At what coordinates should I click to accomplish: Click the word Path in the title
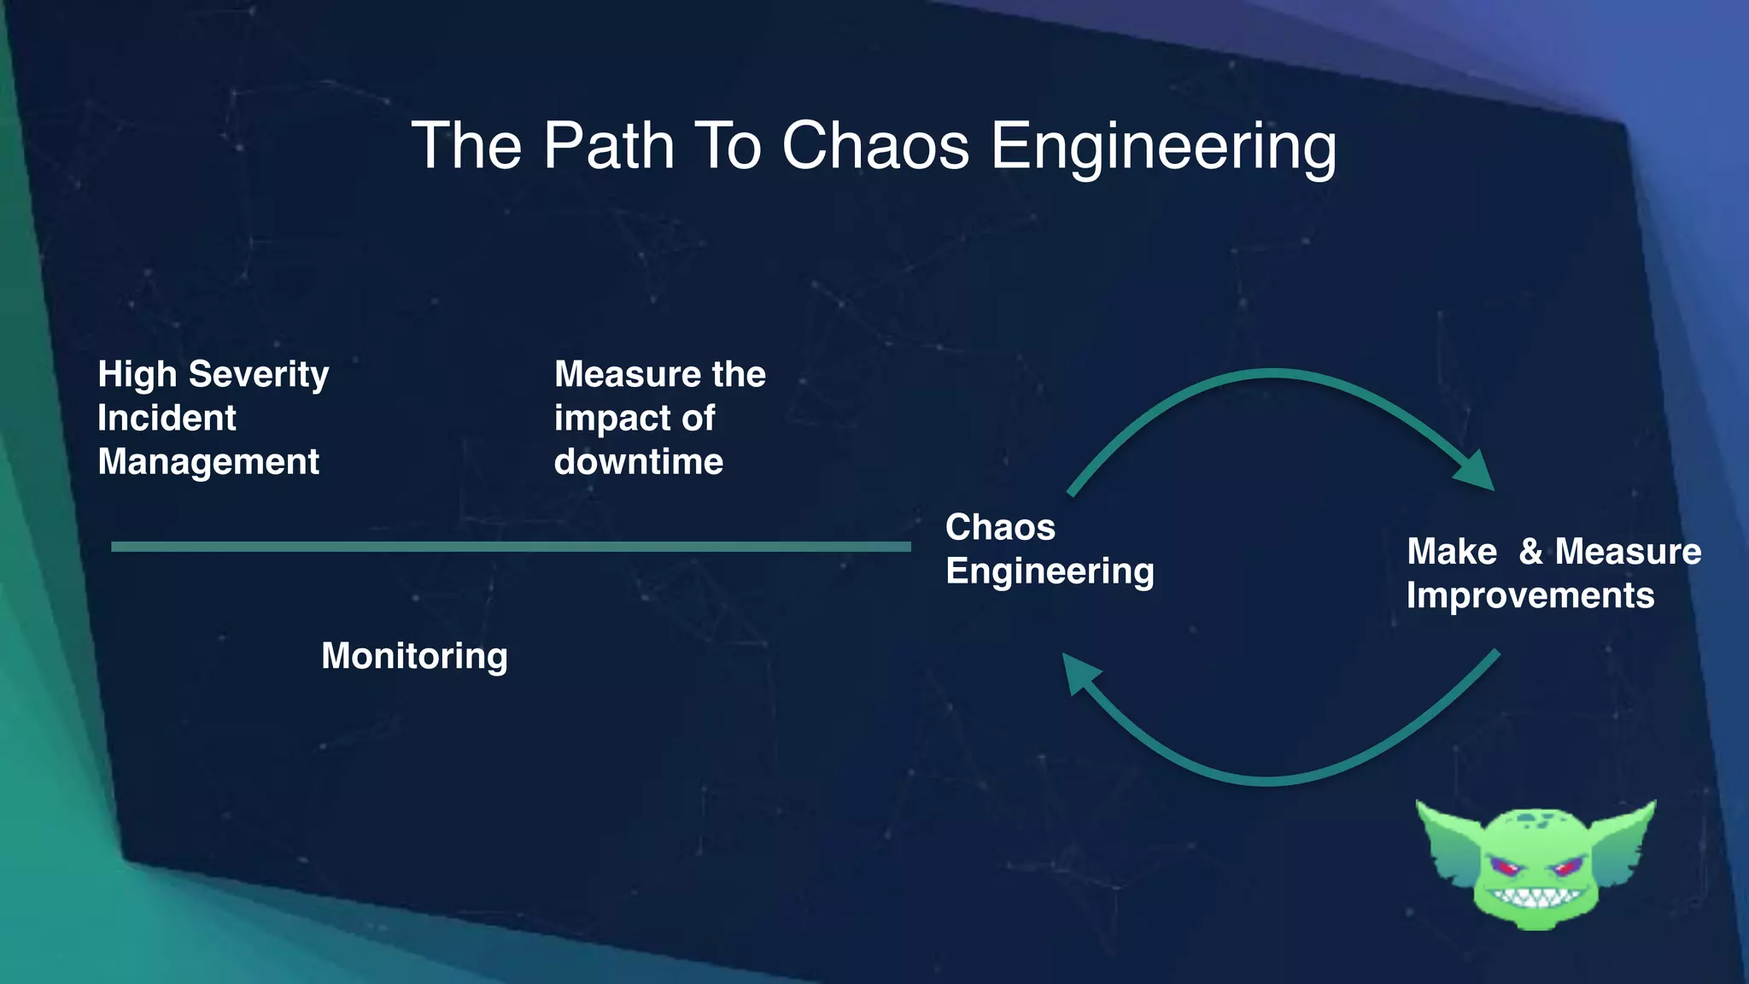[608, 146]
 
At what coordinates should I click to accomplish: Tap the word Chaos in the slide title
[874, 146]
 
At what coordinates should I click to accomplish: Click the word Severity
[258, 375]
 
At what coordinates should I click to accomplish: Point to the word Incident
[167, 419]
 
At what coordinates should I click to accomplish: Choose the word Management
[208, 462]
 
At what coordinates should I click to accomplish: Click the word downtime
[638, 462]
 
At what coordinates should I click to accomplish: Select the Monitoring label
[414, 656]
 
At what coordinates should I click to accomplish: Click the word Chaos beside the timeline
[1000, 528]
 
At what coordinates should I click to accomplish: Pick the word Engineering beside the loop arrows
[1050, 571]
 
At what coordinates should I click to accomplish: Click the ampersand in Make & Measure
[1530, 552]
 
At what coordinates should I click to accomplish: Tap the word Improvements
[1530, 595]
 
